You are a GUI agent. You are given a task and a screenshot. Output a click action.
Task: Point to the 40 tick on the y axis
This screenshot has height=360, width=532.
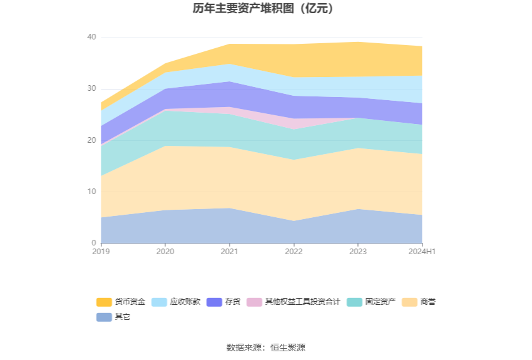(x=91, y=38)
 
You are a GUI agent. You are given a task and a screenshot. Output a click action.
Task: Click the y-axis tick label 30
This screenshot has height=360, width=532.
(x=91, y=89)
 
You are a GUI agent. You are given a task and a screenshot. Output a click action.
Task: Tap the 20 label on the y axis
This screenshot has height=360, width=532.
(x=91, y=140)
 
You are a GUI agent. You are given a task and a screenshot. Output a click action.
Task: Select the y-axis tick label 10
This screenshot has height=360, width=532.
(x=91, y=192)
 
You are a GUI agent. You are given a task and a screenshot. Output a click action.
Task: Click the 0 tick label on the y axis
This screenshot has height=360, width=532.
(x=94, y=243)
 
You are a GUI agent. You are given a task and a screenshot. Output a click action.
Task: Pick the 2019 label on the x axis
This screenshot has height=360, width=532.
(x=101, y=252)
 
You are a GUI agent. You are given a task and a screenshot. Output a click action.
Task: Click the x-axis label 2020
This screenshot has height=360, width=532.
(x=165, y=252)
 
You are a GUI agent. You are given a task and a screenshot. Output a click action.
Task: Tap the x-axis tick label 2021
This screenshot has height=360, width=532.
(x=229, y=252)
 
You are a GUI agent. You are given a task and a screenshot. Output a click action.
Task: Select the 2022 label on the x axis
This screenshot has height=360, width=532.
(x=294, y=252)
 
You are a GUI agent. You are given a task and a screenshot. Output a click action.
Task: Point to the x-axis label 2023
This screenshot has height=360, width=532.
(x=357, y=252)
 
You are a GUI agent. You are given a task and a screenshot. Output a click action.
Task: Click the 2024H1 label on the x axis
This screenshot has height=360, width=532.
(x=422, y=252)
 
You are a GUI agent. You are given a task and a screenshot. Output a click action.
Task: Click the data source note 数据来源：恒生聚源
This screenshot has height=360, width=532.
(x=265, y=347)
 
